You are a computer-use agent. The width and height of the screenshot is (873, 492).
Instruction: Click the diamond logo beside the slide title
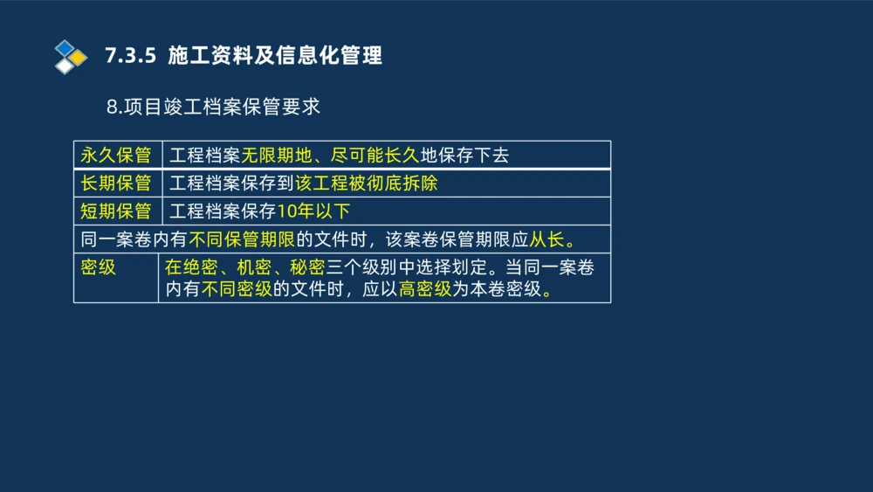[x=70, y=57]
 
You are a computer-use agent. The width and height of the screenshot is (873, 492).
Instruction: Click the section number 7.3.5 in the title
[x=130, y=56]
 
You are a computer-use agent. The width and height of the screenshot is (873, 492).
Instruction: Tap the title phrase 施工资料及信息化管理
[x=275, y=56]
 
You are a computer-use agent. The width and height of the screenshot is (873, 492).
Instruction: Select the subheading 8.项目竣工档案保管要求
[x=213, y=107]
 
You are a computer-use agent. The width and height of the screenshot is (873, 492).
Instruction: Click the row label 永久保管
[x=116, y=156]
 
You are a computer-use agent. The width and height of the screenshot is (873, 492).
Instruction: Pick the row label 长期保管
[x=116, y=184]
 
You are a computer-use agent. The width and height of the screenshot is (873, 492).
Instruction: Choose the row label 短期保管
[x=116, y=211]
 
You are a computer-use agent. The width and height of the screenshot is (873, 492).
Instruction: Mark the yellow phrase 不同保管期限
[x=243, y=239]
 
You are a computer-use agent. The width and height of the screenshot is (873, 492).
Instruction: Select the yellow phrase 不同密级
[x=237, y=290]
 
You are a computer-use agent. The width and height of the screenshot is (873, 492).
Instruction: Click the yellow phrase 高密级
[x=425, y=290]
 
